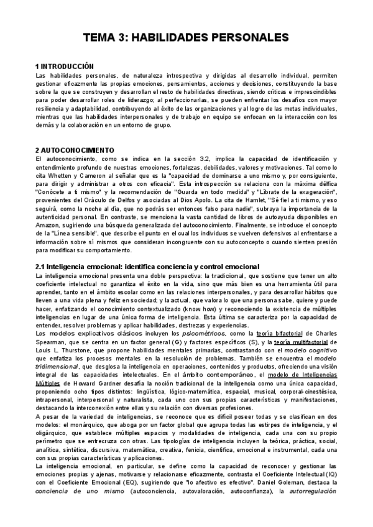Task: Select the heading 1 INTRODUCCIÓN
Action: [x=65, y=66]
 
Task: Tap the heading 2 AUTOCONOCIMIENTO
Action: [x=75, y=150]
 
